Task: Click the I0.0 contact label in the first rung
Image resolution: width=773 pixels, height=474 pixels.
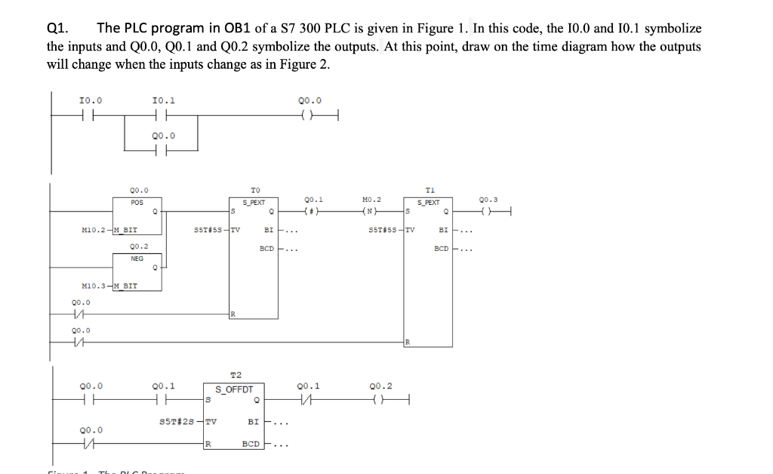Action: (x=91, y=101)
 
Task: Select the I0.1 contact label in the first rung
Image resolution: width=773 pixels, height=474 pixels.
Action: (x=164, y=101)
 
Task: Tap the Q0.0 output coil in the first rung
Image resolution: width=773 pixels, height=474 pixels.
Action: (x=310, y=115)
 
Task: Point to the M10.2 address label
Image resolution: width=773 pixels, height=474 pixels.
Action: (x=92, y=231)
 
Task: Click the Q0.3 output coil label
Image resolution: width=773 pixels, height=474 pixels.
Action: (x=488, y=200)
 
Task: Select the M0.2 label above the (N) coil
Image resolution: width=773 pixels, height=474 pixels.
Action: (x=372, y=200)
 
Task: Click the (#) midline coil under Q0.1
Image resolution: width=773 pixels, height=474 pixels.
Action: (x=310, y=211)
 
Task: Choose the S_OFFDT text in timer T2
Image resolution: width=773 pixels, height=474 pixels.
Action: (x=234, y=390)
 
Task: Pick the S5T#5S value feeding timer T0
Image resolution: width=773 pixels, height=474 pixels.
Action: (x=208, y=231)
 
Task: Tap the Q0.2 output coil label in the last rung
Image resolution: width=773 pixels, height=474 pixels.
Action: (x=382, y=386)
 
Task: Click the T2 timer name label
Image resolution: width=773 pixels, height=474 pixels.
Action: (x=236, y=375)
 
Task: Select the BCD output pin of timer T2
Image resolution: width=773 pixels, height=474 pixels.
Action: (x=252, y=445)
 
